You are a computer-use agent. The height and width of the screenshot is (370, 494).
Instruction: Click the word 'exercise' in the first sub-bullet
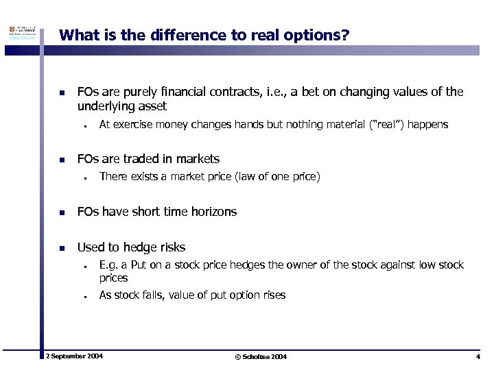coord(134,125)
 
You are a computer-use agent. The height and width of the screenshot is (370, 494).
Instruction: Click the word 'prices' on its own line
coord(114,278)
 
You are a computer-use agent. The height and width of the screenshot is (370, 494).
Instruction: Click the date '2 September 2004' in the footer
coord(74,357)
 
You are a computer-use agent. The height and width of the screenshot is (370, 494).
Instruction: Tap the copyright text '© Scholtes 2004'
coord(261,357)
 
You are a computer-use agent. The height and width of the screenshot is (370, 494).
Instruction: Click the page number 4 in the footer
coord(478,357)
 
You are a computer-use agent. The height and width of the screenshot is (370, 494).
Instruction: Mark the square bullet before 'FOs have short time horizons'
coord(62,212)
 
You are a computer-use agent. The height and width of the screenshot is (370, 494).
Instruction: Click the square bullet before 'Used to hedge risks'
coord(62,248)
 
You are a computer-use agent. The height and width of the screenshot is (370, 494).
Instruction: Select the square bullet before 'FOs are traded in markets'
coord(62,160)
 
